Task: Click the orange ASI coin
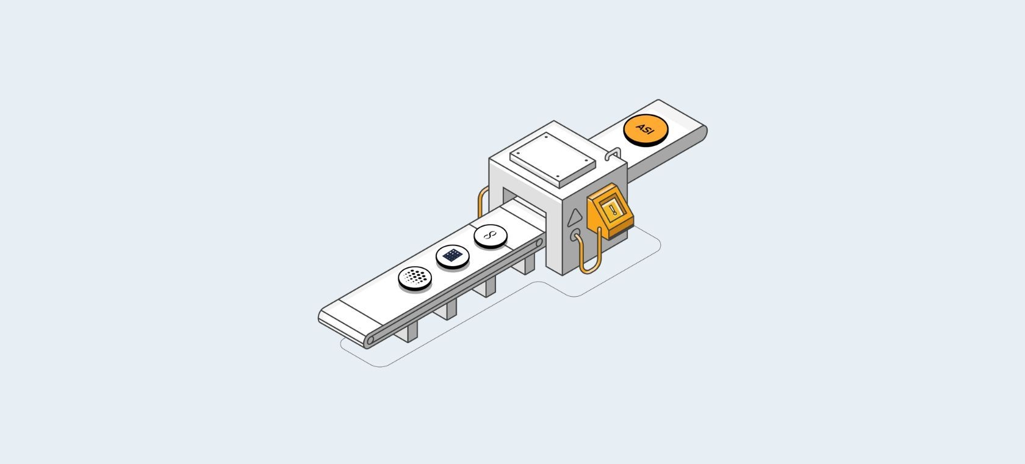point(646,130)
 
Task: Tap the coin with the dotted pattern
point(415,278)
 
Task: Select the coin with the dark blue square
point(453,256)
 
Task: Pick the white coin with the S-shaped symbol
point(491,236)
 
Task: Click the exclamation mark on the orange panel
point(613,209)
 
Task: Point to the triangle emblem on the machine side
point(575,217)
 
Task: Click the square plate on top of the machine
point(553,160)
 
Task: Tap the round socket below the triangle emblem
point(575,235)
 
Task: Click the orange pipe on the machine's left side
point(482,201)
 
